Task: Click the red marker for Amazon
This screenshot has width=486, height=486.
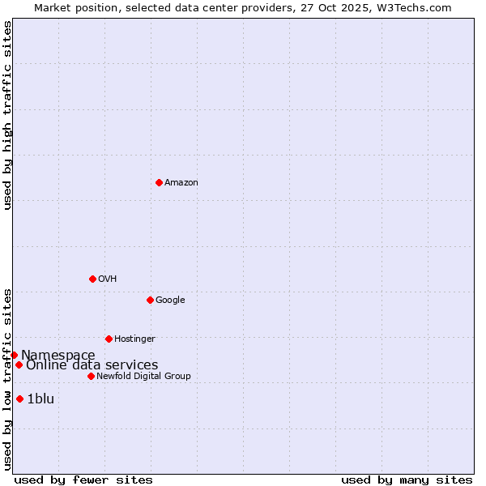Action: pyautogui.click(x=159, y=182)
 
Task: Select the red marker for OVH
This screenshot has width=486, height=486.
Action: pyautogui.click(x=92, y=279)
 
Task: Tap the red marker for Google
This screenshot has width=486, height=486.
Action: pyautogui.click(x=150, y=300)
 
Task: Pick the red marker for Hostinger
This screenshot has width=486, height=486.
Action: pyautogui.click(x=109, y=339)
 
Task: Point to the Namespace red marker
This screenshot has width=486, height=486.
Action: pyautogui.click(x=14, y=355)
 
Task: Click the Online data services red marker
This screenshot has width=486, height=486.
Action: pyautogui.click(x=19, y=364)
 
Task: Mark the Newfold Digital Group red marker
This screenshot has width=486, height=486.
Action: pyautogui.click(x=91, y=376)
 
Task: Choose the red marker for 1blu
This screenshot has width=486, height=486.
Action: pyautogui.click(x=19, y=399)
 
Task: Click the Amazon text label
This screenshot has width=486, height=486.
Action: pyautogui.click(x=181, y=183)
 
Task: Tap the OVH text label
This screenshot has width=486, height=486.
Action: pyautogui.click(x=108, y=279)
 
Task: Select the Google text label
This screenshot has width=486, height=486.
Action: pyautogui.click(x=170, y=301)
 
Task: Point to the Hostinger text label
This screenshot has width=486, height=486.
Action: pyautogui.click(x=134, y=339)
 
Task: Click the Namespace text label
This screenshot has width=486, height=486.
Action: pyautogui.click(x=58, y=356)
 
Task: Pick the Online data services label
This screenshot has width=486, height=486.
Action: pyautogui.click(x=92, y=365)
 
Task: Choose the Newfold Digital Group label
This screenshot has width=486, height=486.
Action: pyautogui.click(x=143, y=377)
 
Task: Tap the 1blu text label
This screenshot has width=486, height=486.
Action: pyautogui.click(x=40, y=399)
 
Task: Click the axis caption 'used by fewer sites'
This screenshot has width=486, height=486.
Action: pyautogui.click(x=83, y=480)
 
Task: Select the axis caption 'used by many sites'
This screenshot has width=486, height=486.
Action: pyautogui.click(x=407, y=480)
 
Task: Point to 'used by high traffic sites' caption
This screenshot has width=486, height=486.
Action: pyautogui.click(x=7, y=115)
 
